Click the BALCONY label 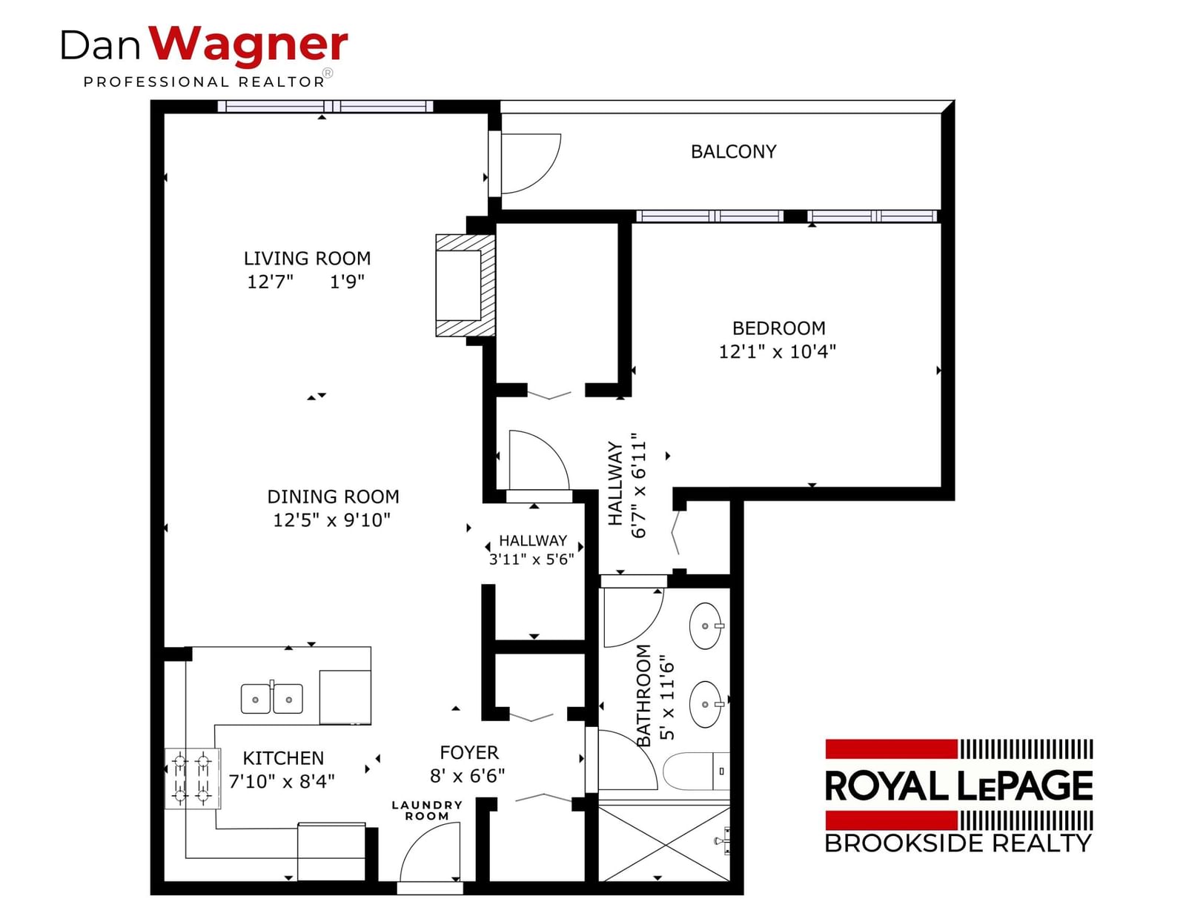(733, 152)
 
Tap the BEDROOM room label (778, 328)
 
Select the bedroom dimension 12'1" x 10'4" (778, 352)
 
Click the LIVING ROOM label (307, 258)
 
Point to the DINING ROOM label (333, 497)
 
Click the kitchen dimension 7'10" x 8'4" (282, 782)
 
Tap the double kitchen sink (272, 698)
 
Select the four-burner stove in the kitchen (193, 778)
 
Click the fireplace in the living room (465, 285)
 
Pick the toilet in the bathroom (696, 771)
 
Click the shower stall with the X (664, 844)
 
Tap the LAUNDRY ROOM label (427, 811)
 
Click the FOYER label (469, 753)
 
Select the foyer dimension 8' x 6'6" (467, 776)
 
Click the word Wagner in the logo (248, 44)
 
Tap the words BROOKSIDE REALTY (958, 843)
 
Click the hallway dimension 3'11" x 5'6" (531, 560)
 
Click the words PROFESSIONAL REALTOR (204, 82)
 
